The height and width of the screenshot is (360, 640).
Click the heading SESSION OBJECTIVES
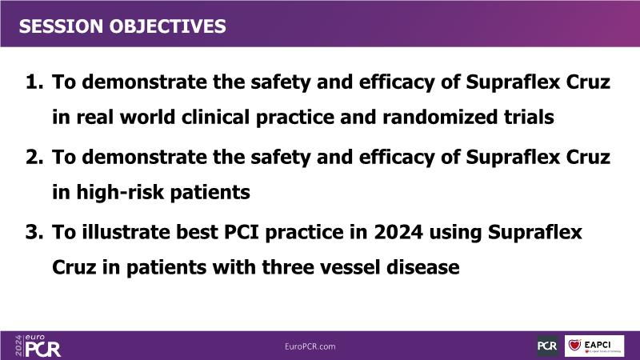(122, 26)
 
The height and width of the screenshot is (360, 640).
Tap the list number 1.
(34, 82)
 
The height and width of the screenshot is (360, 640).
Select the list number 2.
(34, 157)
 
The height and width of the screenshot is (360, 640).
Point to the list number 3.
(34, 232)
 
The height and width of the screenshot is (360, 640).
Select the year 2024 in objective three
(398, 232)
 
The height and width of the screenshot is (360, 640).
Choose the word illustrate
(126, 232)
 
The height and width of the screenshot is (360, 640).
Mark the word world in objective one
(147, 117)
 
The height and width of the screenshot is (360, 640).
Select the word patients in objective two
(210, 193)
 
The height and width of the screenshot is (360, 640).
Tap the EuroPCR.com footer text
(310, 346)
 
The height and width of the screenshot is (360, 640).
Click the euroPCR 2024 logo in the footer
(38, 346)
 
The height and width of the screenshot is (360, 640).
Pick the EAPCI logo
(594, 346)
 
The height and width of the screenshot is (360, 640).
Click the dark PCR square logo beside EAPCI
(547, 346)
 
